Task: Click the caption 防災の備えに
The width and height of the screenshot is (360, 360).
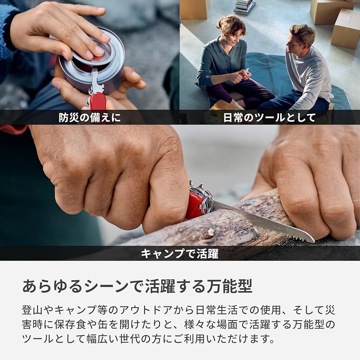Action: [90, 118]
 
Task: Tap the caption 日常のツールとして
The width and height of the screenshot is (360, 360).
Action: [269, 118]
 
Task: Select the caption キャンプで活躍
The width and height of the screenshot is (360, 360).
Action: [180, 254]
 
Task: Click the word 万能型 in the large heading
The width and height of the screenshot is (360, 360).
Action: [230, 286]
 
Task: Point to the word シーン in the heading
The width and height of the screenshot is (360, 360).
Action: [106, 286]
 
